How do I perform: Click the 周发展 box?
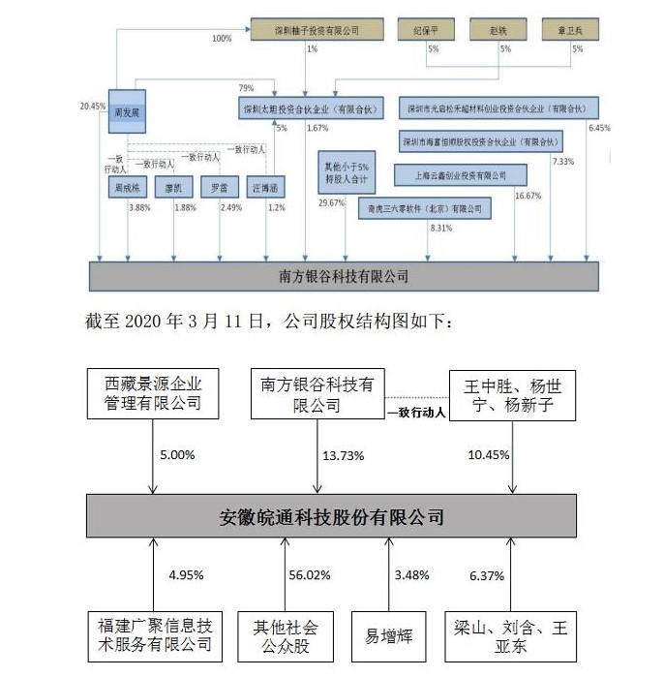pos(127,112)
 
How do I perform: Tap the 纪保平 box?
pos(426,30)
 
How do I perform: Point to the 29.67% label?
pos(332,202)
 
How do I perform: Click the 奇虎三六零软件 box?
pos(425,208)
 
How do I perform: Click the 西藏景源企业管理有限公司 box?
pos(151,393)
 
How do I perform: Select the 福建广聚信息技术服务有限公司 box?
pos(151,636)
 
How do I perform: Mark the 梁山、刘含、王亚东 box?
pos(511,636)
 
